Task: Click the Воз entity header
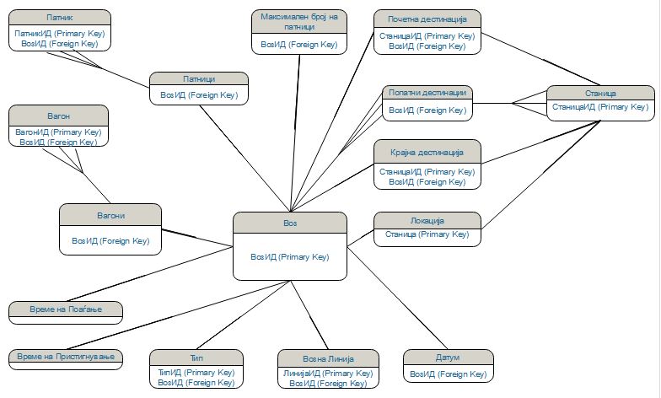coord(290,223)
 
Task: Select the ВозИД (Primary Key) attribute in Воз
coord(290,256)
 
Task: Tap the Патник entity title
coord(59,17)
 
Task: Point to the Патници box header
coord(199,78)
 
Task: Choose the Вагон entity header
coord(58,115)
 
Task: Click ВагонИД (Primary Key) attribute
coord(58,132)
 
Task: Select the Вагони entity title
coord(110,215)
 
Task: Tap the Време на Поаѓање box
coord(66,309)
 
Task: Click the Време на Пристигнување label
coord(66,358)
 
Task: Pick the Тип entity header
coord(196,357)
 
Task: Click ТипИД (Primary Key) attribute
coord(196,372)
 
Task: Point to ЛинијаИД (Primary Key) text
coord(328,373)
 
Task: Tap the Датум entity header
coord(448,358)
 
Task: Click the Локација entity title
coord(427,220)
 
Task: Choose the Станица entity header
coord(599,93)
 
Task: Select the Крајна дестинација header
coord(427,152)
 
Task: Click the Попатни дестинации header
coord(427,93)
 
